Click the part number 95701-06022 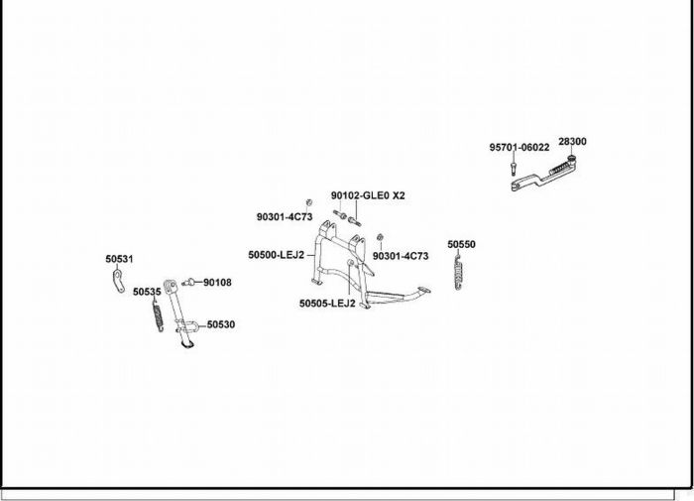(519, 147)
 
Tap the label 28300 (572, 141)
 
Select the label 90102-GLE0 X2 (368, 195)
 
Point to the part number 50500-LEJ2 (276, 255)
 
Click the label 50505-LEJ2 (327, 304)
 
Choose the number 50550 (461, 243)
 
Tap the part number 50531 (119, 259)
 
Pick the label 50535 (147, 293)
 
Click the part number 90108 (217, 283)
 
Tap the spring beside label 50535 (157, 316)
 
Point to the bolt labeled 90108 (190, 283)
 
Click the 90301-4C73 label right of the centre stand (401, 256)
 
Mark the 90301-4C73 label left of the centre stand (285, 216)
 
